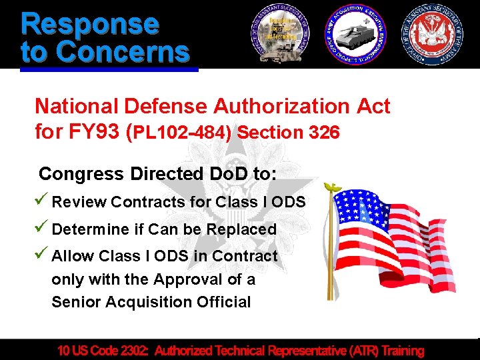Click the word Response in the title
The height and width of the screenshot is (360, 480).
[90, 24]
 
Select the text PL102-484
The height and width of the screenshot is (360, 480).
[182, 133]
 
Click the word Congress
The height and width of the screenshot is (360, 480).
[81, 174]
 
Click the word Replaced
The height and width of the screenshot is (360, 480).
[241, 229]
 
